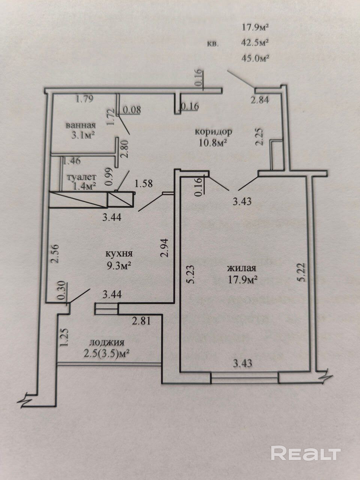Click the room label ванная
(x=81, y=125)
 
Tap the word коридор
(x=213, y=132)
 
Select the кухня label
(x=119, y=254)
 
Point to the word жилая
(x=241, y=268)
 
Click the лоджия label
(x=107, y=342)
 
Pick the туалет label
(x=81, y=177)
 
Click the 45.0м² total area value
(x=256, y=58)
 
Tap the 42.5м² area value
(x=256, y=42)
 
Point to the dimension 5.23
(x=190, y=275)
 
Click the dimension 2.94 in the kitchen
(x=164, y=248)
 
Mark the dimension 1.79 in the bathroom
(x=84, y=99)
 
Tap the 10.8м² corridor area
(x=212, y=143)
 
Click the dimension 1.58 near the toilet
(x=143, y=184)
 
